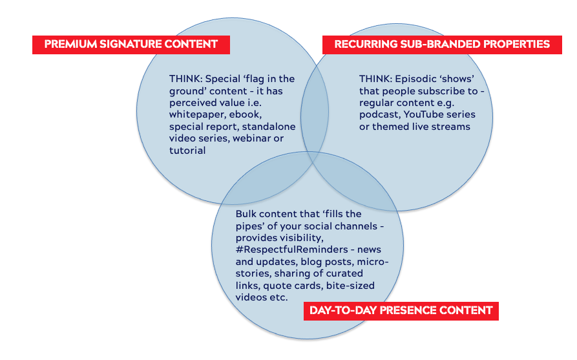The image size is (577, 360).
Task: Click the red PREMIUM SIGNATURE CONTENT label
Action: pos(131,45)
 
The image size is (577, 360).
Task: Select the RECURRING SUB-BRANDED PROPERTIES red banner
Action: pos(442,45)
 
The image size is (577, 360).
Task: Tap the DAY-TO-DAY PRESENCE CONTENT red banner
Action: pos(401,310)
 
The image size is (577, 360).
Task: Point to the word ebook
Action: pos(243,115)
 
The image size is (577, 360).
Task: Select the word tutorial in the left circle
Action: pos(187,151)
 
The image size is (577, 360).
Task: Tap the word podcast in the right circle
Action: pos(379,115)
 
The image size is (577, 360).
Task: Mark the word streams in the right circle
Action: pos(454,127)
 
